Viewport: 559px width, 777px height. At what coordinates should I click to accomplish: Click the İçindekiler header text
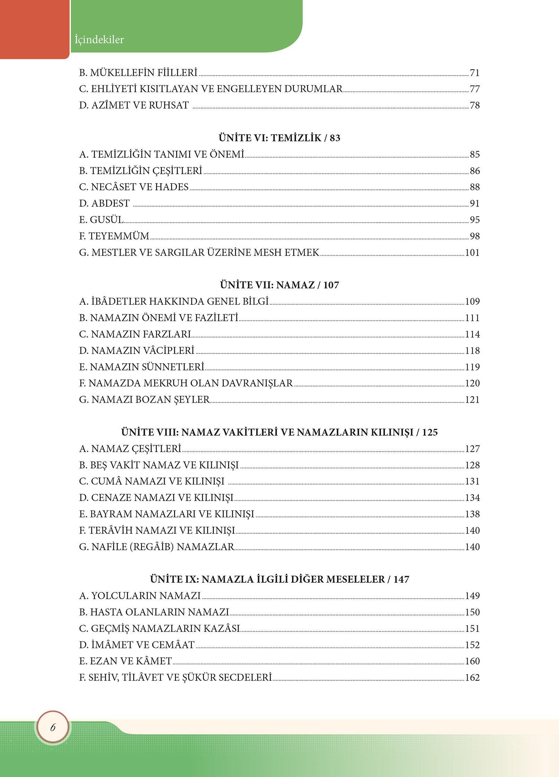point(99,39)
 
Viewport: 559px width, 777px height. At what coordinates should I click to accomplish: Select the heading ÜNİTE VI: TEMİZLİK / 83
point(279,138)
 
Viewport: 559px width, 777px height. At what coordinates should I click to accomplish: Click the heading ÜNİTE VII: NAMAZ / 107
point(279,285)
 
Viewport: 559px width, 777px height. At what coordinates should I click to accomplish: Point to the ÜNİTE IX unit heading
point(279,579)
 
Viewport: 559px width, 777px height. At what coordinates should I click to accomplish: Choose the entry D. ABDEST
point(104,203)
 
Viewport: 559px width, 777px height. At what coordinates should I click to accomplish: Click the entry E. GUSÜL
point(101,220)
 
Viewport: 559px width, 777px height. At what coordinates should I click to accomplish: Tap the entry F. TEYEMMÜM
point(114,236)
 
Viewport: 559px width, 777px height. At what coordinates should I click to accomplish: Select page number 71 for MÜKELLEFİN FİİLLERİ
point(474,73)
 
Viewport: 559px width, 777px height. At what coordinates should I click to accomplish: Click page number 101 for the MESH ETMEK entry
point(472,252)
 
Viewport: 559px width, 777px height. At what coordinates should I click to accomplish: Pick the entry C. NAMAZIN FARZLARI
point(135,334)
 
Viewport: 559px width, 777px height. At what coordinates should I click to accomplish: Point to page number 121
point(472,400)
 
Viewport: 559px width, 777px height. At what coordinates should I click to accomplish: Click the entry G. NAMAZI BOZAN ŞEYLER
point(144,400)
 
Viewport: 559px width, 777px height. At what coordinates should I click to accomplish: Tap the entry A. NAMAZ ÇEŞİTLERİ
point(130,449)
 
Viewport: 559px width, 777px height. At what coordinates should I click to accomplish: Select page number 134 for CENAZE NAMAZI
point(472,498)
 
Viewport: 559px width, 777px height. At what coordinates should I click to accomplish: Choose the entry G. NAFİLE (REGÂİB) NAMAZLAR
point(157,547)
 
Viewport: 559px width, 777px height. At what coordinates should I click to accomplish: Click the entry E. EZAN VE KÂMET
point(125,661)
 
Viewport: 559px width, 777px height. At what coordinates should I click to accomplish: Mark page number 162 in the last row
point(472,677)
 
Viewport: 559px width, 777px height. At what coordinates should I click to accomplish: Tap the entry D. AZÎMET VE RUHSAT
point(134,105)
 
